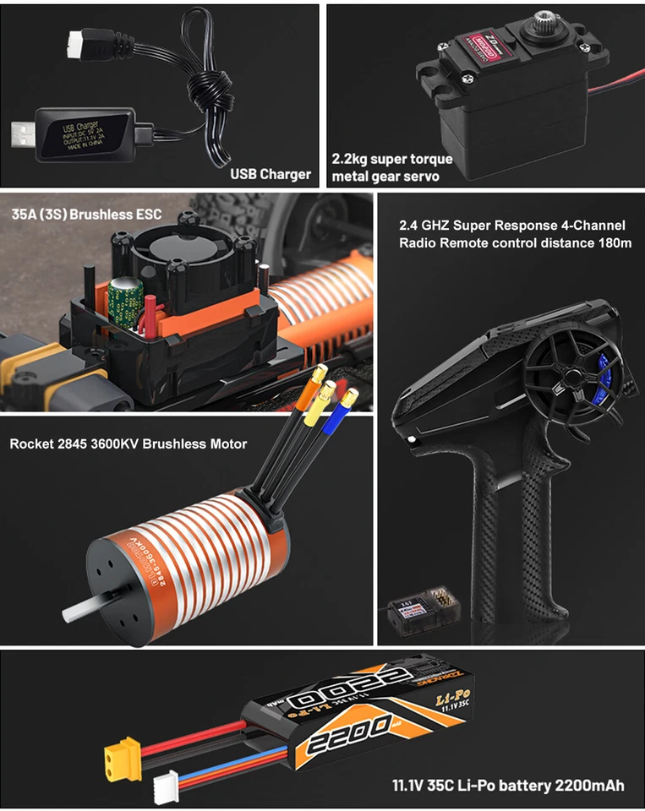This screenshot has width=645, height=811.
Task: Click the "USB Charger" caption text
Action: click(271, 176)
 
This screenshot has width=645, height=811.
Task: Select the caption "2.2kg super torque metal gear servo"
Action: click(391, 168)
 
